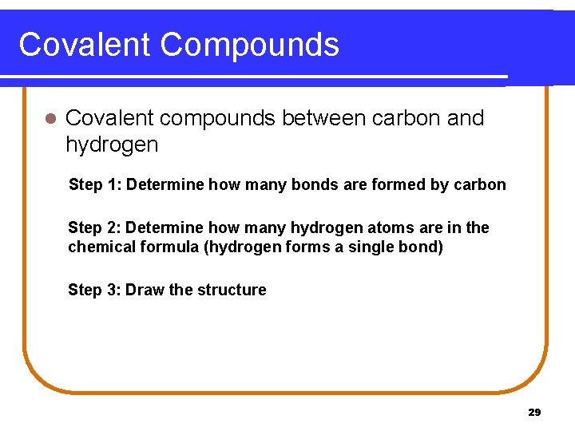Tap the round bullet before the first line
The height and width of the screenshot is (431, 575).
coord(50,119)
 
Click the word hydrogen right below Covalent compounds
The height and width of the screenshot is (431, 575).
coord(112,145)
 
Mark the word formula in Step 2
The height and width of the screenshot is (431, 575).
coord(169,247)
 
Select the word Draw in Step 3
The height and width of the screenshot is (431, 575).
coord(145,290)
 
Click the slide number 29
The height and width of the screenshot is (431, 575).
coord(534,413)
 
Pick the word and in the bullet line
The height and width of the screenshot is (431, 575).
coord(466,118)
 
